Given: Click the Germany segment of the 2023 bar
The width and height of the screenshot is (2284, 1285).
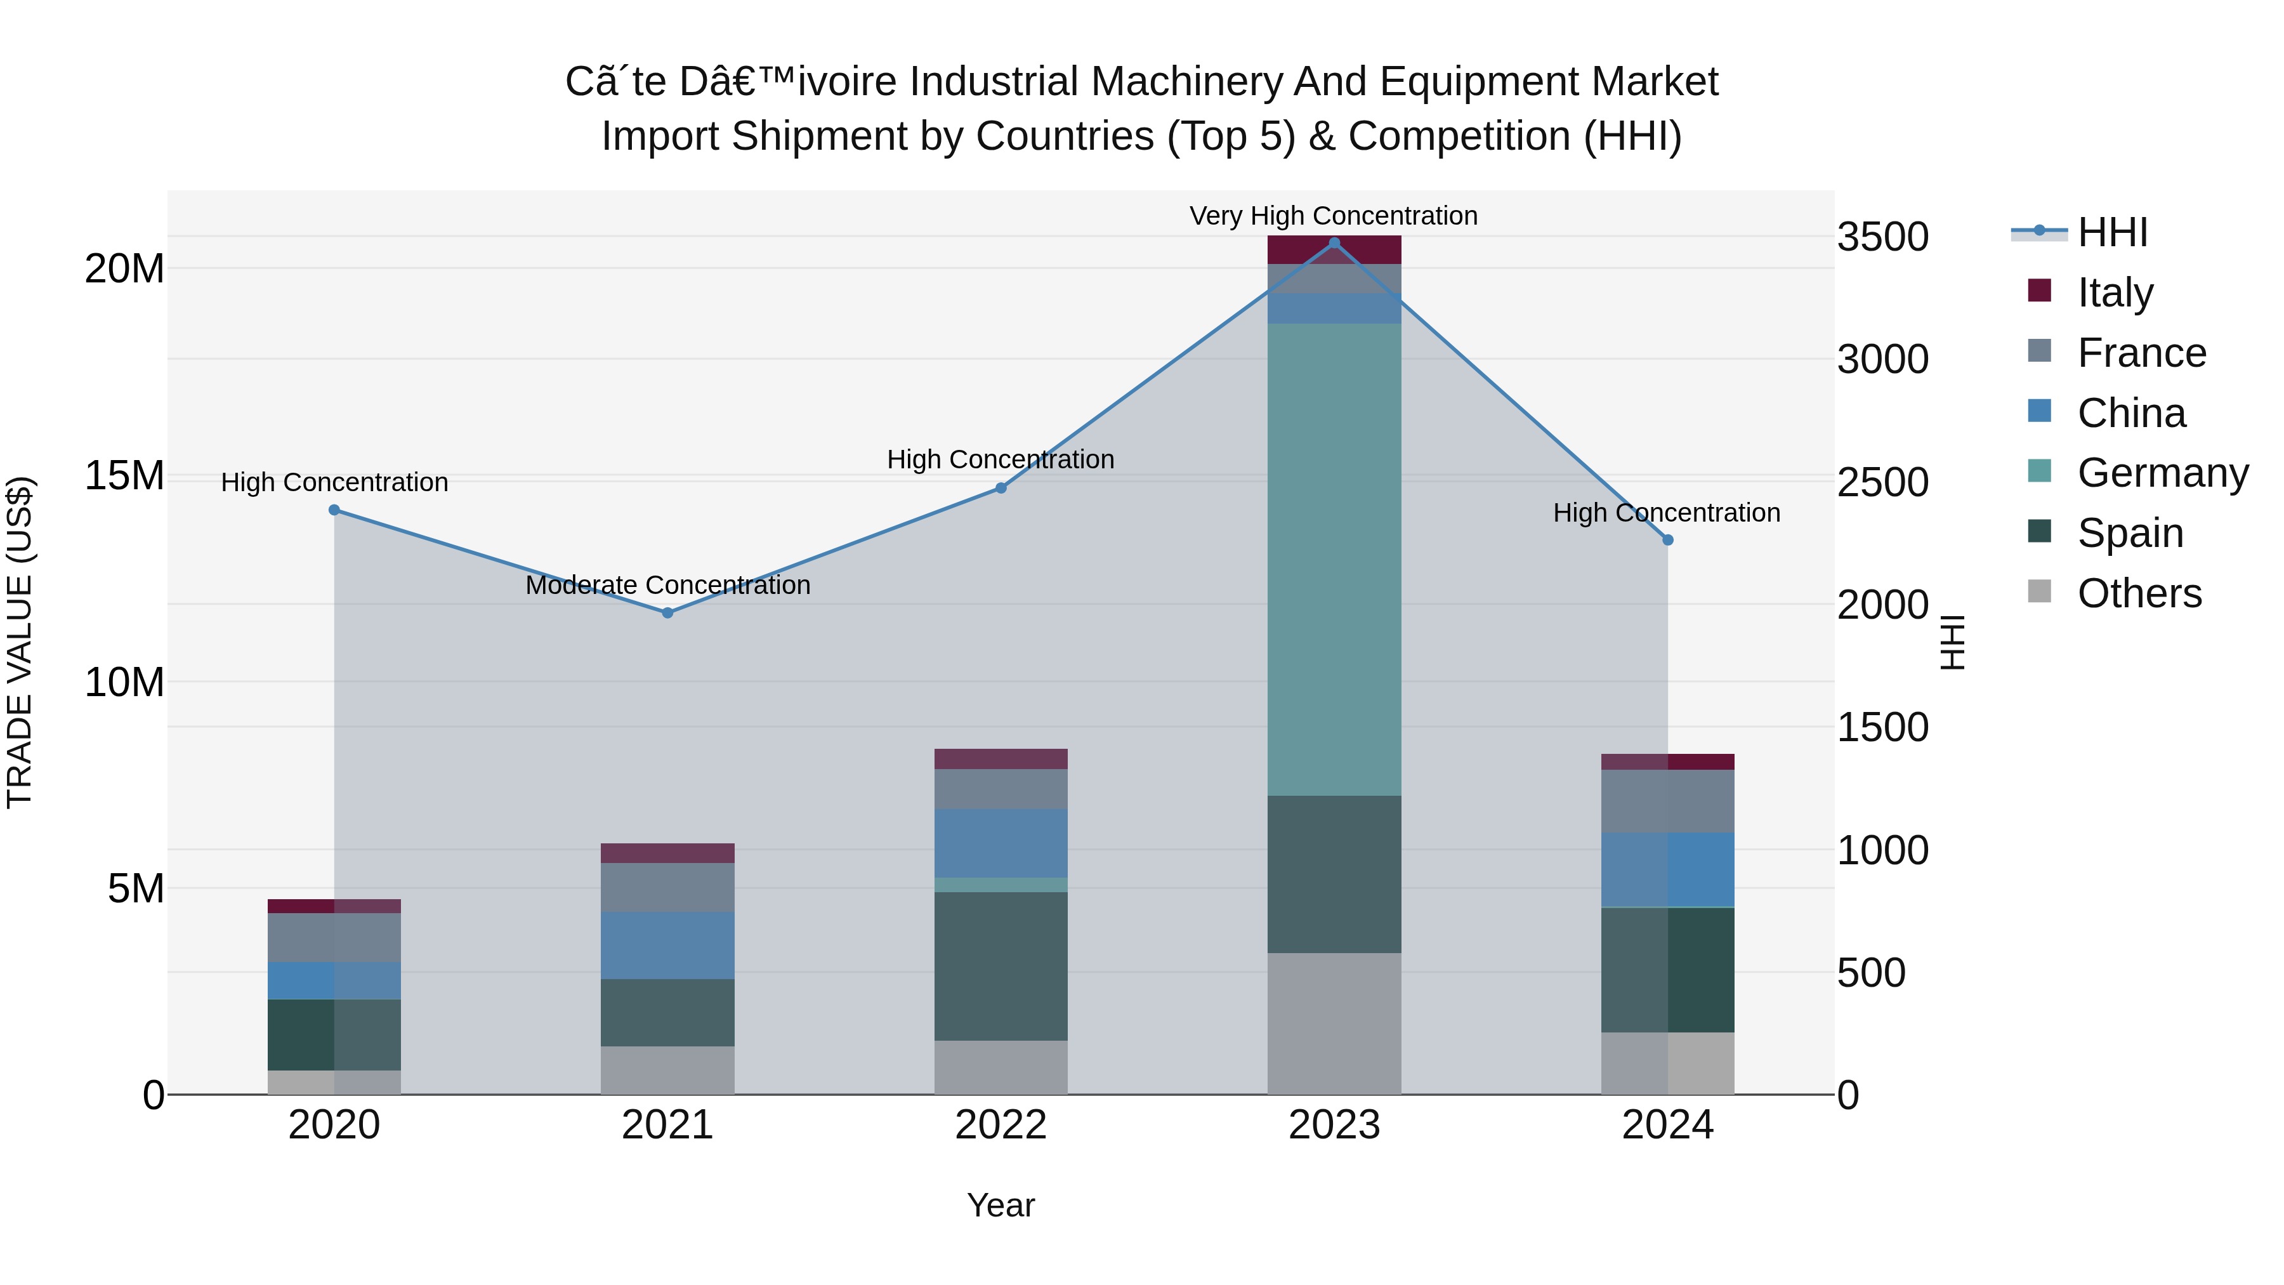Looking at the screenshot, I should coord(1334,558).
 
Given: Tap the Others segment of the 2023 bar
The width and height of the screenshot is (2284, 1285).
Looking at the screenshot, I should coord(1334,1024).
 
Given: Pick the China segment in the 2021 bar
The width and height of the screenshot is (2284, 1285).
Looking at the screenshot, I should coord(667,946).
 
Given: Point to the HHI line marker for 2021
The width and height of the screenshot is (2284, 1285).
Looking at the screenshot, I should coord(667,613).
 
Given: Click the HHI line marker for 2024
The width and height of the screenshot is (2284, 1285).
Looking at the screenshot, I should coord(1668,540).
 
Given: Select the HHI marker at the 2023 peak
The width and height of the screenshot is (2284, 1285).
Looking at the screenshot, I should coord(1334,243).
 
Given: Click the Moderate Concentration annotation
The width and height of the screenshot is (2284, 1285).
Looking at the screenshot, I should coord(667,585).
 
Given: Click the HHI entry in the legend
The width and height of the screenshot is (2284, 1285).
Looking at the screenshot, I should coord(2112,232).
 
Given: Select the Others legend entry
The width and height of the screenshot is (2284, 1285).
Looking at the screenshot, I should coord(2139,593).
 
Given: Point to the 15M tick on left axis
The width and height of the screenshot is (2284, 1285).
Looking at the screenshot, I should coord(124,476).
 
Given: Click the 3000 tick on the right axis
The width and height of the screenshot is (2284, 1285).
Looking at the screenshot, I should coord(1882,360).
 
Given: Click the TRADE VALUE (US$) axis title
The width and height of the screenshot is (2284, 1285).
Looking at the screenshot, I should coord(20,642).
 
